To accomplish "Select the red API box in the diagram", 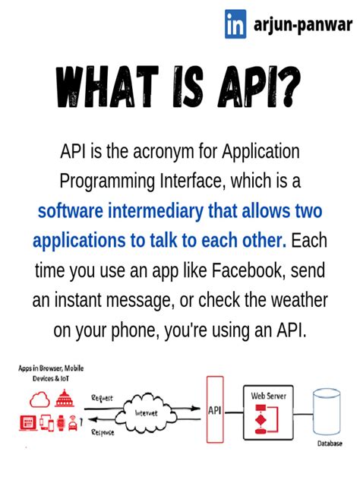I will coord(215,411).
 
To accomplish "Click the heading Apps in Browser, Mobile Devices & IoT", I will coord(51,372).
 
